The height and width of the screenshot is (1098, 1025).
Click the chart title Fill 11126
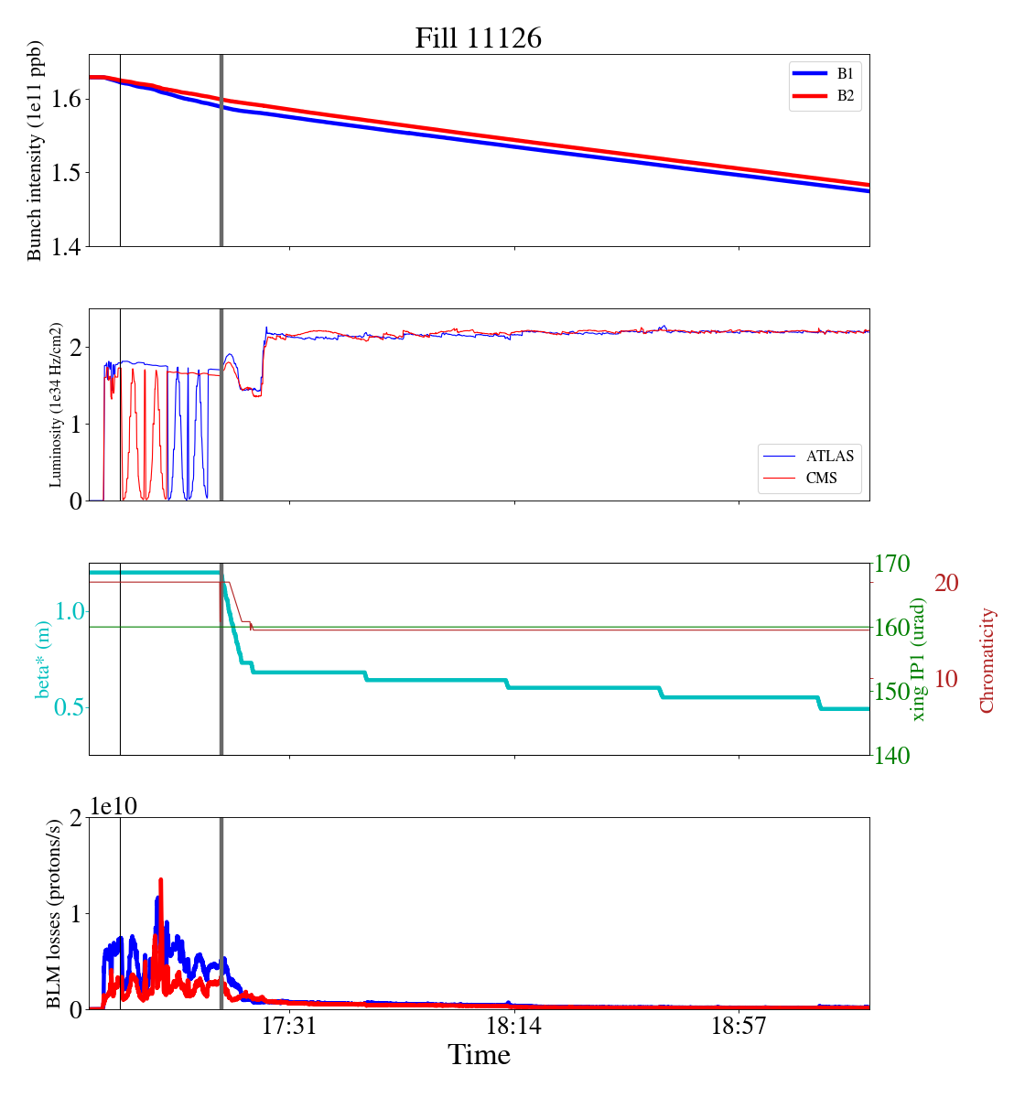coord(478,38)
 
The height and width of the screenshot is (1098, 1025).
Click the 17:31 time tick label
coord(289,1027)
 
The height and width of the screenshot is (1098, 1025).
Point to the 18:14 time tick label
coord(514,1027)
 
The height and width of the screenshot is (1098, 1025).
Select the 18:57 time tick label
coord(739,1027)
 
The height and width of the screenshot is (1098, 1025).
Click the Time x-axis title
coord(479,1055)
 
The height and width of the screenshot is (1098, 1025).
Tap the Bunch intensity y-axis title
coord(35,151)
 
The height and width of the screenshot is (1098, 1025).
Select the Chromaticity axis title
coord(987,660)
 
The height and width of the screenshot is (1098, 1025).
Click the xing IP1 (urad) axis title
coord(919,659)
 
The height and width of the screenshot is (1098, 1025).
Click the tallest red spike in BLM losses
coord(161,880)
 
